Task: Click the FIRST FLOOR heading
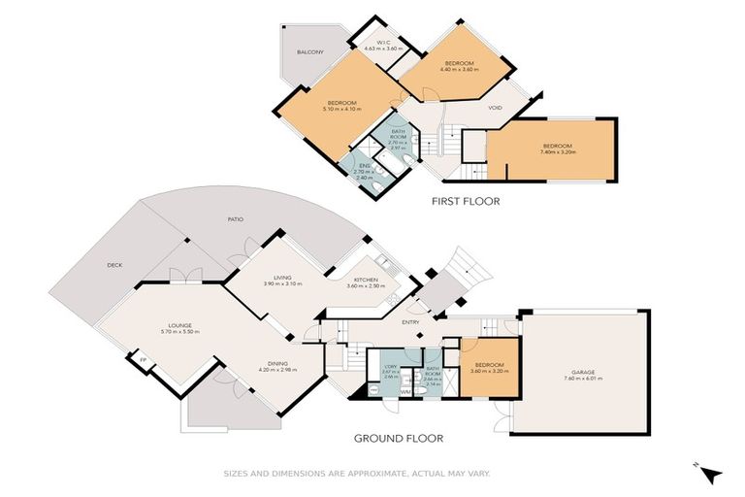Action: click(x=466, y=203)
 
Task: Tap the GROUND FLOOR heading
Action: click(x=398, y=439)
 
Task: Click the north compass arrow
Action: click(x=713, y=474)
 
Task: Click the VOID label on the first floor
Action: click(x=495, y=108)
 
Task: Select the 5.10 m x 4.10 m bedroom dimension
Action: click(x=343, y=110)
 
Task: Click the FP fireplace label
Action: click(x=143, y=359)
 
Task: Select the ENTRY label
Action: click(x=410, y=322)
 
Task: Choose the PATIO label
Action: click(x=235, y=219)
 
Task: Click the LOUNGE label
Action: click(x=178, y=325)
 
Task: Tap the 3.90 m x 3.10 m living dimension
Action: click(x=283, y=284)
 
